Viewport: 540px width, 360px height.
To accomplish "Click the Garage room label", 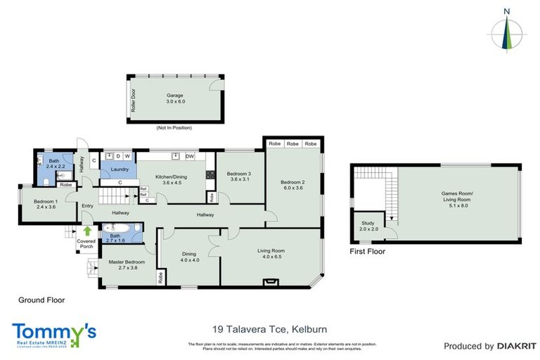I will click(x=174, y=95).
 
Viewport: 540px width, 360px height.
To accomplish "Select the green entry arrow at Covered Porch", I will click(x=86, y=230).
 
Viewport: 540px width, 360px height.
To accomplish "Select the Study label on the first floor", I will click(x=368, y=222).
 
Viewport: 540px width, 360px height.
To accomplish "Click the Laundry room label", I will click(x=118, y=169).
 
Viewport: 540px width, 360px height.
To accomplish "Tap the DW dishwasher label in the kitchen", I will click(x=190, y=156).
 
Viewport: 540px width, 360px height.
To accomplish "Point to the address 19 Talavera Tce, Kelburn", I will click(x=269, y=328).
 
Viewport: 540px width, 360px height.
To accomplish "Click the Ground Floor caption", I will click(x=41, y=300).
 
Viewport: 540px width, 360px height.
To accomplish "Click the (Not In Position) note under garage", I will click(x=174, y=128).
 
